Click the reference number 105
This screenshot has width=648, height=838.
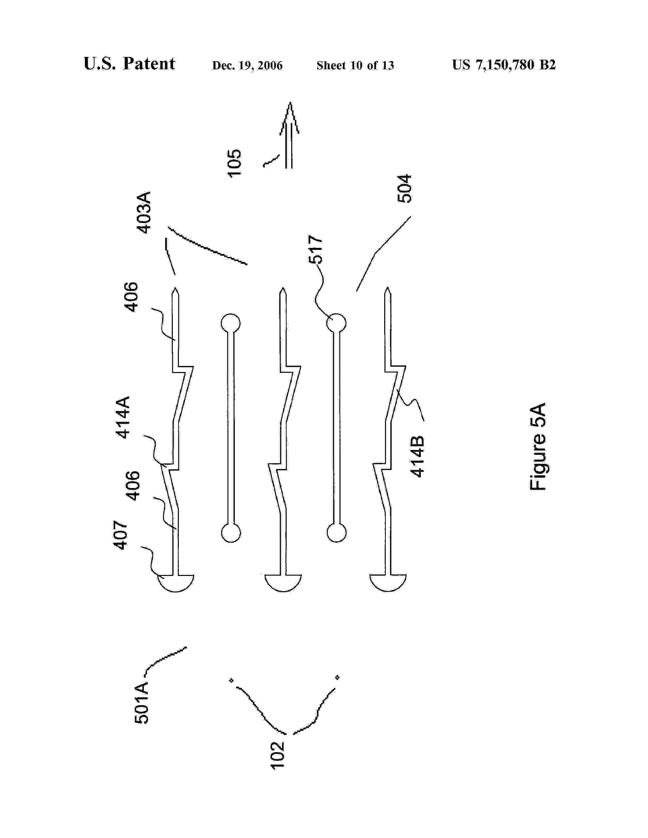tap(235, 163)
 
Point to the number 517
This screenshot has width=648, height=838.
tap(316, 249)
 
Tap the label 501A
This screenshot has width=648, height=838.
tap(141, 703)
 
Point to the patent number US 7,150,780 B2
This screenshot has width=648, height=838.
tap(504, 65)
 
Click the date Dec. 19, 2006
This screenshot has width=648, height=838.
tap(247, 66)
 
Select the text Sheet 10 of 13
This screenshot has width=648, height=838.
tap(355, 66)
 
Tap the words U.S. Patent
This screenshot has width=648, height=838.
tap(129, 64)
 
